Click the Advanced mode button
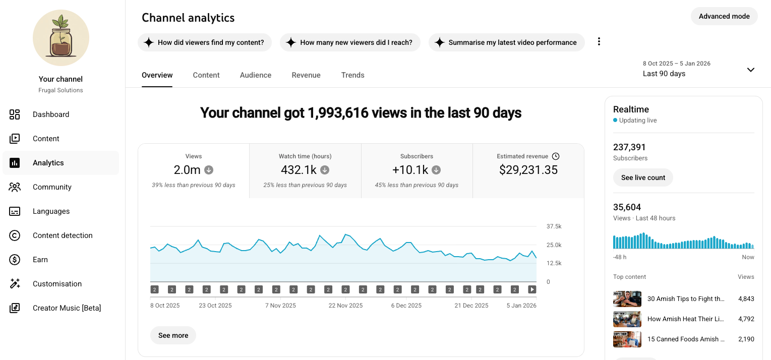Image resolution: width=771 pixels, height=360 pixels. (724, 16)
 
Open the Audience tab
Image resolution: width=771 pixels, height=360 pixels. (255, 75)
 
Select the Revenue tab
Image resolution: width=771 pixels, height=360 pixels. (306, 75)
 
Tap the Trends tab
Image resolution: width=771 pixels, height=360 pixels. (352, 75)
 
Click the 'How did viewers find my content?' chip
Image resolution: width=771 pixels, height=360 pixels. (205, 42)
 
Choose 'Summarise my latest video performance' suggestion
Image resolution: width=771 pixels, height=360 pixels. (506, 42)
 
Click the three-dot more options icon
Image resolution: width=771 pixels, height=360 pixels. (599, 42)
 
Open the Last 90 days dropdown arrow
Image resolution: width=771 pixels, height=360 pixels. (751, 70)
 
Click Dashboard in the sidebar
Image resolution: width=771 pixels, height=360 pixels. (50, 114)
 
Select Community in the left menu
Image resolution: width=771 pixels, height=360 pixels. (52, 187)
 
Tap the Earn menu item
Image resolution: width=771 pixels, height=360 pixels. (40, 260)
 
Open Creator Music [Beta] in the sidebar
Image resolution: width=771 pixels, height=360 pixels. (67, 308)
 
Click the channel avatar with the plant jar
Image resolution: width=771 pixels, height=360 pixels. (61, 38)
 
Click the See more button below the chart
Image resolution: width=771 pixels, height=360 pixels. (173, 335)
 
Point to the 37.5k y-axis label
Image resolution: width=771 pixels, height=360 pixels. (554, 226)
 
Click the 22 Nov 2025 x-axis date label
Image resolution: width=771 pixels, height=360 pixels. (345, 305)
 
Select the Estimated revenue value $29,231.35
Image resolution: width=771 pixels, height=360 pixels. (528, 170)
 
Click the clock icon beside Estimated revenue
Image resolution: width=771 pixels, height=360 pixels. (556, 156)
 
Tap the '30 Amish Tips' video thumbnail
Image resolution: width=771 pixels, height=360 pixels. (627, 298)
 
